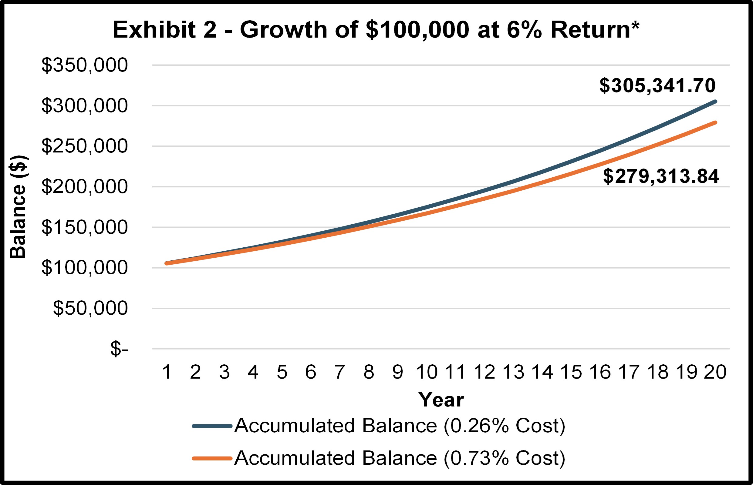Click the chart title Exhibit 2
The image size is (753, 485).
click(x=376, y=30)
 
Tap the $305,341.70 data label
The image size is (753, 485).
click(x=657, y=86)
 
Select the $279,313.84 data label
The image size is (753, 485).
click(x=661, y=176)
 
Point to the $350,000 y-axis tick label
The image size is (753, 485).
click(x=84, y=65)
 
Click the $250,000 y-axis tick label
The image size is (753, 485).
click(x=84, y=146)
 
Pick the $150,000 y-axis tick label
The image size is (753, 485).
click(x=84, y=227)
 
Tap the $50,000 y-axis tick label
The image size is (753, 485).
click(x=90, y=308)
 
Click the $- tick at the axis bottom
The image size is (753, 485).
click(x=119, y=349)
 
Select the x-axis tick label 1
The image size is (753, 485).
click(x=167, y=372)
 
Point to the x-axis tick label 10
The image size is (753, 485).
click(x=427, y=372)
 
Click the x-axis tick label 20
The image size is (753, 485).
click(x=715, y=372)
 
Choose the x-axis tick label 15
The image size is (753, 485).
click(x=571, y=372)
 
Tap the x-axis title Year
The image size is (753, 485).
click(x=441, y=400)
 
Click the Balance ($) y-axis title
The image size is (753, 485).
click(x=18, y=207)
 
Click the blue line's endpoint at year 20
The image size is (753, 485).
click(x=715, y=102)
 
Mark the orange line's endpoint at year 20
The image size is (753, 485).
click(x=715, y=122)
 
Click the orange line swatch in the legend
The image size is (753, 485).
click(x=212, y=459)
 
